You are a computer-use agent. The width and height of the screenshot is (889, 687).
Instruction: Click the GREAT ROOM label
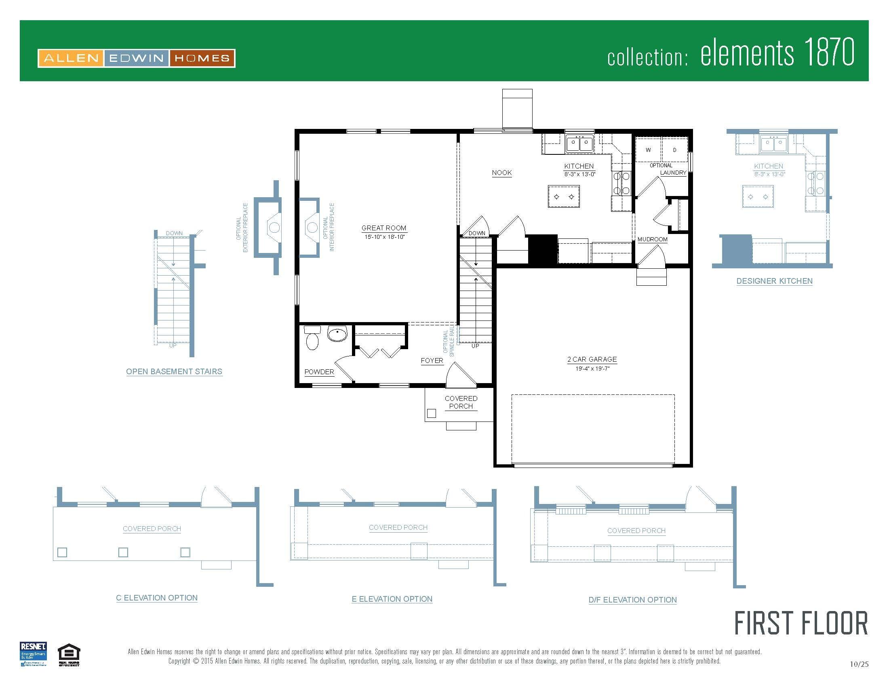point(383,228)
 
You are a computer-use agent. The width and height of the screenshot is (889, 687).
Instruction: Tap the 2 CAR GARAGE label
point(592,359)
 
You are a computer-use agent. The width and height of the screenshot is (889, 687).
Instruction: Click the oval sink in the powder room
point(337,334)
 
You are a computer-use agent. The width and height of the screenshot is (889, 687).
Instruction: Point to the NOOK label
point(501,173)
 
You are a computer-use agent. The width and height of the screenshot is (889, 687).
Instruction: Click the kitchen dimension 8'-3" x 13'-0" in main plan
point(579,174)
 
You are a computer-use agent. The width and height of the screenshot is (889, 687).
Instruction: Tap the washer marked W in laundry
point(648,150)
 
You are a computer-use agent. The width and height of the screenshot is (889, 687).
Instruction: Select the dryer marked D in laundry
point(674,150)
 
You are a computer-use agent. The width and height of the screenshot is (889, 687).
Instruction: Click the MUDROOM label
point(652,239)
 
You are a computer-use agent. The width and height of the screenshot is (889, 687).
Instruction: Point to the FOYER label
point(432,360)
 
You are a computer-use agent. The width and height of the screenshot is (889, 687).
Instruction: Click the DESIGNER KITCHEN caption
point(774,281)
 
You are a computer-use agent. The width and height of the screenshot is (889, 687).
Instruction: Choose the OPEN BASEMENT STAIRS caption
point(174,371)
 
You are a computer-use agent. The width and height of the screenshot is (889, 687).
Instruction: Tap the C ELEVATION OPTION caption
point(157,598)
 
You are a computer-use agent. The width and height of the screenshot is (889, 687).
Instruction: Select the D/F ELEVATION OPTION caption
point(632,599)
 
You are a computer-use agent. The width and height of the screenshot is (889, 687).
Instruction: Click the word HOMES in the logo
point(202,58)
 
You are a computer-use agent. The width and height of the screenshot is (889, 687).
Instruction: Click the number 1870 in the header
point(829,52)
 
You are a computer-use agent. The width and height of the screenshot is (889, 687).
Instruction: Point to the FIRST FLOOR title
point(801,624)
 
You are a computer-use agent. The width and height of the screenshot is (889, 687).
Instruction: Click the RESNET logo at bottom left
point(33,653)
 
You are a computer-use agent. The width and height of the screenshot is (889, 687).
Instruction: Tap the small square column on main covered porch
point(432,413)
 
